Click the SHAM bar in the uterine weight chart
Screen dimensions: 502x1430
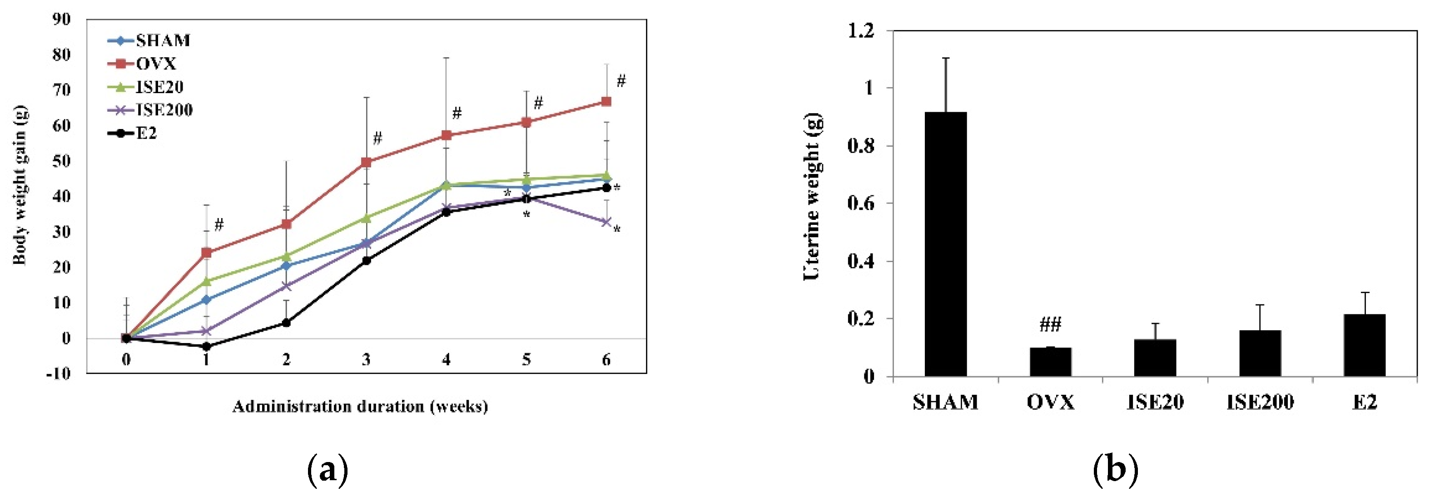(x=945, y=244)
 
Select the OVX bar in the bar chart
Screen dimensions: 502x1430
(x=1050, y=362)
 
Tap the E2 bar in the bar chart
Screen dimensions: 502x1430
(x=1365, y=345)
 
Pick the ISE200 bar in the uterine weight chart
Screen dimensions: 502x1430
(x=1260, y=354)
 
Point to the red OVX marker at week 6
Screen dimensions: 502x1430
(x=606, y=102)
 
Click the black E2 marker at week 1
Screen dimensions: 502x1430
(x=207, y=347)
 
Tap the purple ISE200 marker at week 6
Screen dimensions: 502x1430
(x=606, y=222)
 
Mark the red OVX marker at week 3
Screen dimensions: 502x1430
(x=367, y=162)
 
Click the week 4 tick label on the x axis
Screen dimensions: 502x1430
(x=447, y=360)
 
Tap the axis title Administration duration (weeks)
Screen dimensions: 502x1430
(x=360, y=407)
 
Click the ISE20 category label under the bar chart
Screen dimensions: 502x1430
(x=1155, y=402)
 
